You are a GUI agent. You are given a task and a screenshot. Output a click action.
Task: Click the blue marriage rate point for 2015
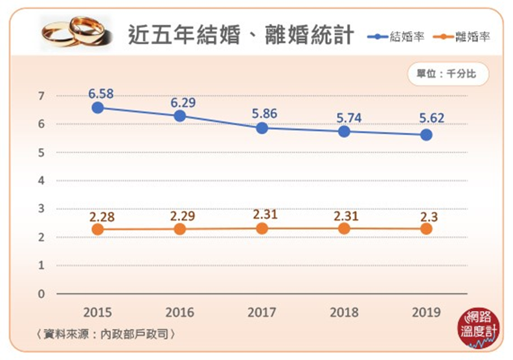98,107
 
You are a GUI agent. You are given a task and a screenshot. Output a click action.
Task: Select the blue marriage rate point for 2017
262,128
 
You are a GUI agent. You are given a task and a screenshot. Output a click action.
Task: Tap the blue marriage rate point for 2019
426,135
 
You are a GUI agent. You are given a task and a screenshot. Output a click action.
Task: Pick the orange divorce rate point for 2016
180,229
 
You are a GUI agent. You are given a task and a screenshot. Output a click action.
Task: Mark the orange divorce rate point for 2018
344,229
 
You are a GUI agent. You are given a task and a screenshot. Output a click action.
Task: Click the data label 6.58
100,94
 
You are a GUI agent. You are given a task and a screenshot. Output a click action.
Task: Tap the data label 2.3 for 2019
427,216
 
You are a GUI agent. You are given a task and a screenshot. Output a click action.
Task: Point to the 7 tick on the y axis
41,96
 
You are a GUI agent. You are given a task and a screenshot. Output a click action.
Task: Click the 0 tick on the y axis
41,294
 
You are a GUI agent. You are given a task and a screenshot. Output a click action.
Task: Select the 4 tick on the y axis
41,181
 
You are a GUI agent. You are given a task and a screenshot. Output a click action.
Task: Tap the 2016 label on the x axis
180,313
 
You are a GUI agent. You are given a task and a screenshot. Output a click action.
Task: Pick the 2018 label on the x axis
344,313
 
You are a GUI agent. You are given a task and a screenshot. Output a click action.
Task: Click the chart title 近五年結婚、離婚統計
240,34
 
